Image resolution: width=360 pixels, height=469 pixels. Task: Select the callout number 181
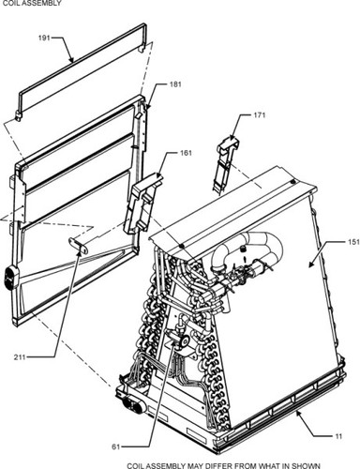(174, 85)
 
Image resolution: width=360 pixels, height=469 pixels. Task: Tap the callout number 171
(261, 115)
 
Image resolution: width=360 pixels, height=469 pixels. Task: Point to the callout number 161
(185, 152)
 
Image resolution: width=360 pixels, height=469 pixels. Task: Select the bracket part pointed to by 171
(228, 159)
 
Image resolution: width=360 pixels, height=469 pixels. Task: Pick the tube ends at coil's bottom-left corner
(128, 404)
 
